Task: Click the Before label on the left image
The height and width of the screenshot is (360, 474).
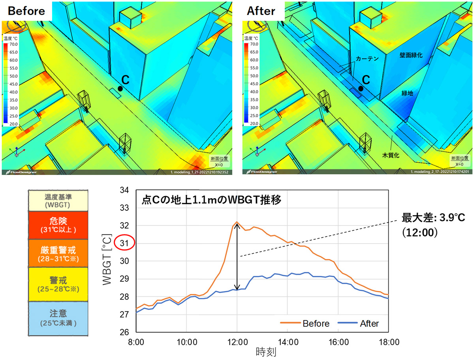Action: pos(27,11)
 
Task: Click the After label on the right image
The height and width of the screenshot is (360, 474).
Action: pos(261,11)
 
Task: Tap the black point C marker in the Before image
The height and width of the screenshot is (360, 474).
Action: pos(120,89)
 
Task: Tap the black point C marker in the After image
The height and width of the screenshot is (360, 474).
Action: pos(361,89)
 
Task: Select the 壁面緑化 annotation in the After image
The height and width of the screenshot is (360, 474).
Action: pos(411,56)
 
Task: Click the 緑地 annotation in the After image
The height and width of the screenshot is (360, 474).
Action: pos(407,93)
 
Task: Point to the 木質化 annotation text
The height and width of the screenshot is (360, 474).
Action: pos(391,155)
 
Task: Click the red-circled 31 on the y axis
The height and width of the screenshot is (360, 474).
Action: pos(124,244)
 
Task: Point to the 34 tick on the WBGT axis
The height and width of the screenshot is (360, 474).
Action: pos(124,190)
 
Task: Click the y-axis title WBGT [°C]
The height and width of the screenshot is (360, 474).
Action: pos(107,261)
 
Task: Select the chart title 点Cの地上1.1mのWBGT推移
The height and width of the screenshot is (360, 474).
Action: pos(211,200)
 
